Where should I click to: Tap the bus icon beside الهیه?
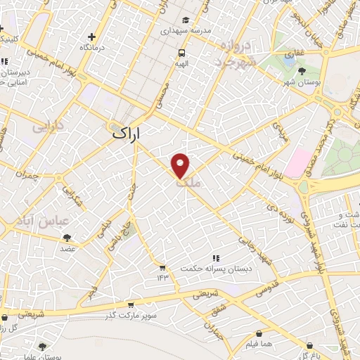[182, 53]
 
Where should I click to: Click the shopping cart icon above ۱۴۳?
[162, 267]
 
